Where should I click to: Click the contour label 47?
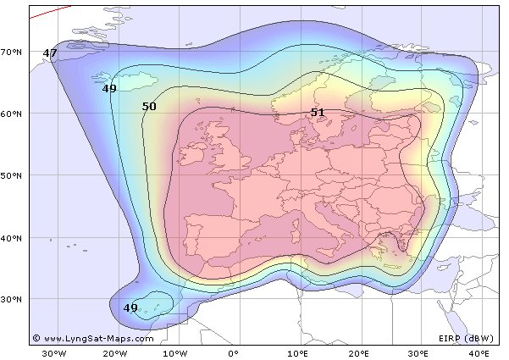coord(50,53)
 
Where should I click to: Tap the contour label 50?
coord(149,107)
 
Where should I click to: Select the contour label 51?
coord(318,112)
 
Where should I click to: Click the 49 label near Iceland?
coord(109,88)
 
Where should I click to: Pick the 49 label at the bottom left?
coord(130,307)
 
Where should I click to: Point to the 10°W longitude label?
coord(174,352)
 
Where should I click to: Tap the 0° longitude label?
coord(235,352)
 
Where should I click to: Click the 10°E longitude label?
coord(296,352)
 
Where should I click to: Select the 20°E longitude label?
coord(357,352)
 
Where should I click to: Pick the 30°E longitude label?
coord(418,352)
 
